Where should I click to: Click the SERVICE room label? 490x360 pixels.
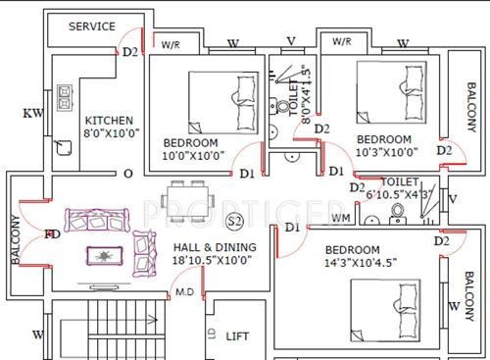pos(92,26)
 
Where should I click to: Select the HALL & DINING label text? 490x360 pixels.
pos(215,253)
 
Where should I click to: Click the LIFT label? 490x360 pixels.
pos(238,335)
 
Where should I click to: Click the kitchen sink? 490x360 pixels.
pos(65,146)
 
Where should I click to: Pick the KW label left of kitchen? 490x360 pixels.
pos(34,114)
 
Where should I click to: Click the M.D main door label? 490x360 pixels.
pos(183,292)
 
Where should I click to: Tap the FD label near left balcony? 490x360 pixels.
pos(52,235)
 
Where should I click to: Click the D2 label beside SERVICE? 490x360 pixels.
pos(131,52)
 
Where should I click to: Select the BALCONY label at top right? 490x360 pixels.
pos(471,99)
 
